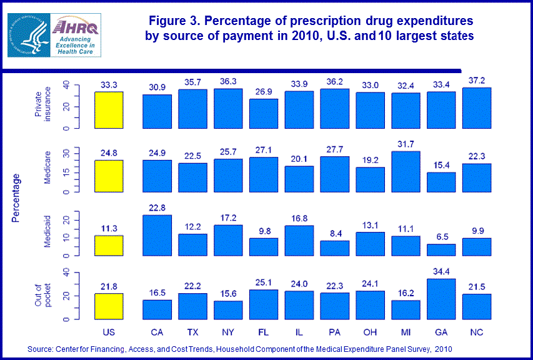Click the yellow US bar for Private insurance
tap(107, 110)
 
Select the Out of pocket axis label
tap(43, 295)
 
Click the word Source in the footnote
tap(41, 349)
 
